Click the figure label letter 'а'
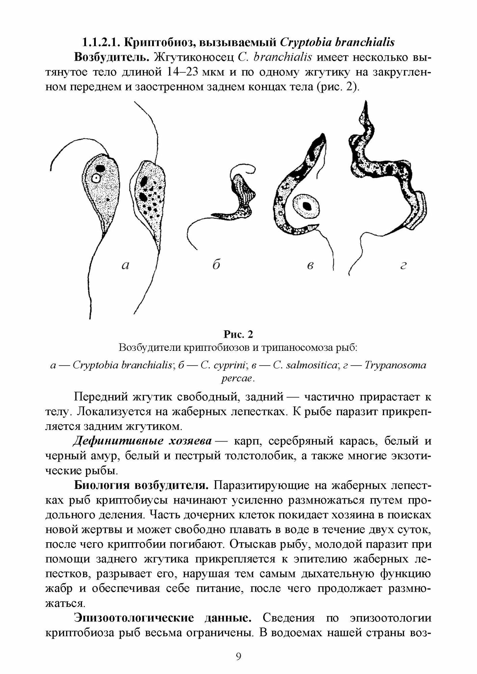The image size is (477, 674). (x=125, y=266)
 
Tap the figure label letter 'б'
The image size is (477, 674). (x=216, y=265)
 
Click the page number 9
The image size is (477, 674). (x=238, y=656)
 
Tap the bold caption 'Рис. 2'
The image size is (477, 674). (x=238, y=334)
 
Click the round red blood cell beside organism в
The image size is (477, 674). (x=306, y=207)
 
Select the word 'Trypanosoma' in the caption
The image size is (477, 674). (x=396, y=365)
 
